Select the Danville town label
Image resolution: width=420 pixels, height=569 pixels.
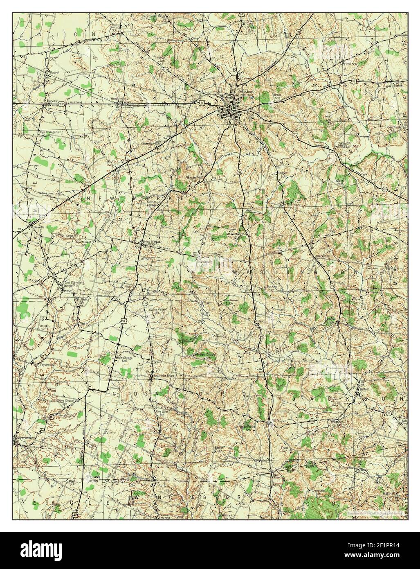click(x=39, y=226)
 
